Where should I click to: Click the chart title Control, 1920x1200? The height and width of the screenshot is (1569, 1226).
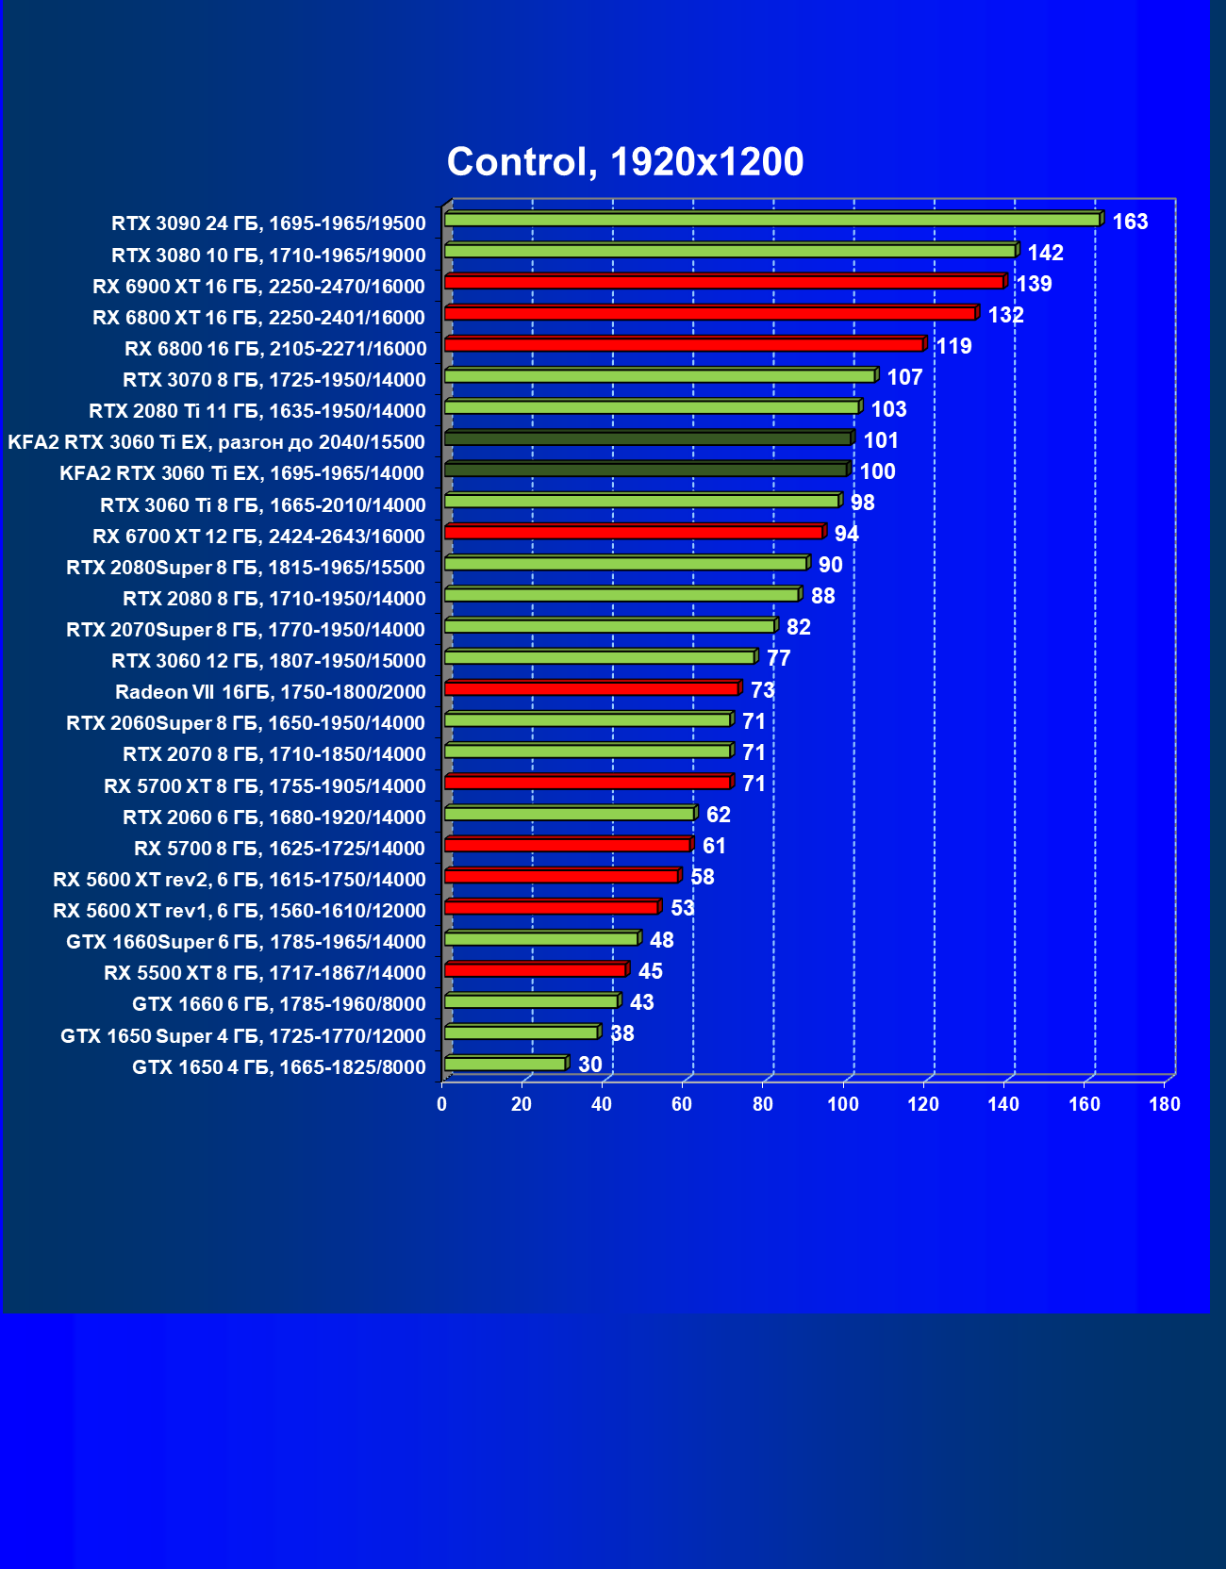pyautogui.click(x=625, y=162)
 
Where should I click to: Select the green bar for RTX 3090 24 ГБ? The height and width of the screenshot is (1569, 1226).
pyautogui.click(x=771, y=220)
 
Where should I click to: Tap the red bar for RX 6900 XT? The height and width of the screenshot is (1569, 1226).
pyautogui.click(x=723, y=282)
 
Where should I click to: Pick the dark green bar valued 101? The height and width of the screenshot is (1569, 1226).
pyautogui.click(x=647, y=438)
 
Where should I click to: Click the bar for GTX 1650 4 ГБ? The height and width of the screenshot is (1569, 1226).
pyautogui.click(x=505, y=1064)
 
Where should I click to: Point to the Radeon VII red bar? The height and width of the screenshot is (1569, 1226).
pyautogui.click(x=591, y=688)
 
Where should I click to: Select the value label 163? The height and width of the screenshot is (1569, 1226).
pyautogui.click(x=1130, y=222)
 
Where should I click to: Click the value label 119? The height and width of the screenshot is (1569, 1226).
pyautogui.click(x=953, y=346)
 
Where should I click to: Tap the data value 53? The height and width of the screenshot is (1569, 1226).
pyautogui.click(x=682, y=908)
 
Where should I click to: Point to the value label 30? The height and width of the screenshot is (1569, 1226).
pyautogui.click(x=589, y=1065)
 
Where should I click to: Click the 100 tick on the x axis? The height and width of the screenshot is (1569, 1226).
pyautogui.click(x=843, y=1104)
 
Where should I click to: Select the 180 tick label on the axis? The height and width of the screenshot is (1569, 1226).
pyautogui.click(x=1165, y=1104)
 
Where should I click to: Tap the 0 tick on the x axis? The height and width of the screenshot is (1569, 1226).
pyautogui.click(x=442, y=1104)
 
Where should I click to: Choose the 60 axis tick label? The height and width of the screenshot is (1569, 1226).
pyautogui.click(x=682, y=1104)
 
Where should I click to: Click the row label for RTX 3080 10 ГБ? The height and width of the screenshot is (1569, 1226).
pyautogui.click(x=268, y=255)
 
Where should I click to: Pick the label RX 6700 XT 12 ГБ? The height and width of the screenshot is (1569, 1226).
pyautogui.click(x=258, y=536)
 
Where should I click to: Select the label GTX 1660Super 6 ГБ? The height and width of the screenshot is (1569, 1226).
pyautogui.click(x=245, y=941)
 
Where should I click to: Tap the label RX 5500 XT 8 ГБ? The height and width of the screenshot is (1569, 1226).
pyautogui.click(x=264, y=972)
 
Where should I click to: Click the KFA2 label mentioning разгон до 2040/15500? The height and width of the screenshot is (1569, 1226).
pyautogui.click(x=216, y=441)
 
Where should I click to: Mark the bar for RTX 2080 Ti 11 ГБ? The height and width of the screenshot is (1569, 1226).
pyautogui.click(x=651, y=406)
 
